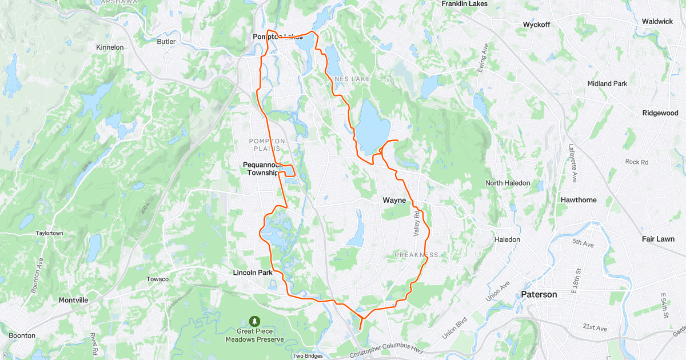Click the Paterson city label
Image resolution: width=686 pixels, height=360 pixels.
(x=539, y=295)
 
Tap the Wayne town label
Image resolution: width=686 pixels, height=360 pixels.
(x=394, y=201)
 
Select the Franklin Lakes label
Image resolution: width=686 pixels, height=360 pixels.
(x=468, y=3)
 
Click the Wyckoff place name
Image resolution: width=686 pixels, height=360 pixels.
(x=536, y=25)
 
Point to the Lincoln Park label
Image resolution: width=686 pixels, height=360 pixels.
(x=253, y=273)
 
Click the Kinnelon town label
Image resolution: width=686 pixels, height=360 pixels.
(x=110, y=47)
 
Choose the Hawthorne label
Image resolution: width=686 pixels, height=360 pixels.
(x=579, y=200)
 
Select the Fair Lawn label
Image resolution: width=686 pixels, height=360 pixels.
(x=658, y=239)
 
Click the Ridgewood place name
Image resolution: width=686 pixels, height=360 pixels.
(x=660, y=113)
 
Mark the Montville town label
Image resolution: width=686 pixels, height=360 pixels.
(x=73, y=299)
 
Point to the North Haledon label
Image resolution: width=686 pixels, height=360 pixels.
(x=508, y=183)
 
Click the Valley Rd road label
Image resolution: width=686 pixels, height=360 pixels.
(x=417, y=222)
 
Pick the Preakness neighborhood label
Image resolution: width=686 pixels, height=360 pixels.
(x=417, y=254)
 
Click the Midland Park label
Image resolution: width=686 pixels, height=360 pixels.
(x=607, y=84)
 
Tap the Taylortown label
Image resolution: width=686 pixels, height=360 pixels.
(x=49, y=233)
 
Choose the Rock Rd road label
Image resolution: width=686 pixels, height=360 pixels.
(x=636, y=162)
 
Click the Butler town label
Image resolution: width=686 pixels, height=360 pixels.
(x=166, y=41)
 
